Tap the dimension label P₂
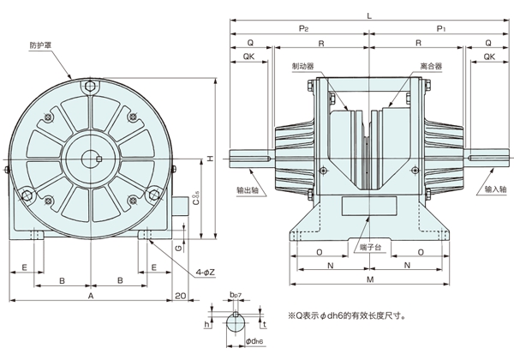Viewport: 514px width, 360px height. tap(302, 28)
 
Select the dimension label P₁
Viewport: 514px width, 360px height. tap(442, 28)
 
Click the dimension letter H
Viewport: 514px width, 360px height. tap(209, 159)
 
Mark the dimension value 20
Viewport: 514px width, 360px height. tap(180, 295)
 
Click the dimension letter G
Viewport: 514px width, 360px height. tap(176, 248)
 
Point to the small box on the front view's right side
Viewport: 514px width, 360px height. tap(182, 208)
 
